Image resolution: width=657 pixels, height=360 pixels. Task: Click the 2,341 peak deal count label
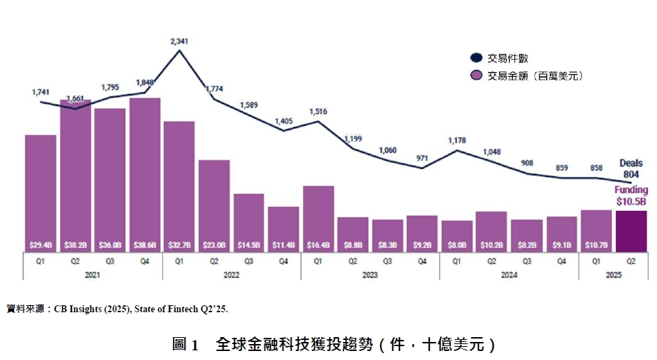click(x=179, y=42)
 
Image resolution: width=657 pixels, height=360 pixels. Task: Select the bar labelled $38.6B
click(x=145, y=173)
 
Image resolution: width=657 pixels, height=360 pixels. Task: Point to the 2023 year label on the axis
click(x=370, y=275)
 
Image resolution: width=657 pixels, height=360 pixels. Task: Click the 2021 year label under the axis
click(x=92, y=275)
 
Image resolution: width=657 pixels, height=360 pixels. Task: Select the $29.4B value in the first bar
click(x=41, y=244)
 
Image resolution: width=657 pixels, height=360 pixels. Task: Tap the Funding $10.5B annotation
click(x=631, y=195)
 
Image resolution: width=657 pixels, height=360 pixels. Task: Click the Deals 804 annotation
click(x=631, y=169)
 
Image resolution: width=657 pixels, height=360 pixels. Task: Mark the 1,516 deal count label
click(x=318, y=111)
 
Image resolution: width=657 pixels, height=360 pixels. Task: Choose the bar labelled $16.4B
click(x=318, y=218)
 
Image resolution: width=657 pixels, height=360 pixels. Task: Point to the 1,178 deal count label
click(x=457, y=141)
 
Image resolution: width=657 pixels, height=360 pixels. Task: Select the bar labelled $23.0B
click(x=214, y=204)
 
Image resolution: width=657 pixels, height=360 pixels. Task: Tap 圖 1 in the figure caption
click(x=186, y=344)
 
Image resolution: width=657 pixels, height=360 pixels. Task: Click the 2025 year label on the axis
click(x=613, y=275)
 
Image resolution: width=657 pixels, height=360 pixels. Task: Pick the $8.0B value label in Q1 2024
click(x=457, y=244)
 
